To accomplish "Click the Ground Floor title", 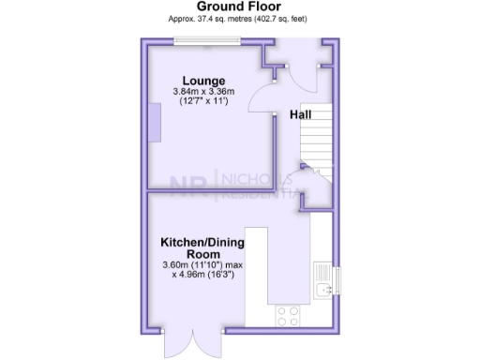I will (x=240, y=7).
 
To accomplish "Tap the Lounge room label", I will (x=203, y=80).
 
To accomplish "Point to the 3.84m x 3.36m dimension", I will (x=203, y=91).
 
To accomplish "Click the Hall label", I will (x=301, y=114).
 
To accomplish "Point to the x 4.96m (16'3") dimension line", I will (x=202, y=275).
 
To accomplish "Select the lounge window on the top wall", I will (x=207, y=40).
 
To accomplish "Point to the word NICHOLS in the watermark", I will (x=246, y=178).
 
